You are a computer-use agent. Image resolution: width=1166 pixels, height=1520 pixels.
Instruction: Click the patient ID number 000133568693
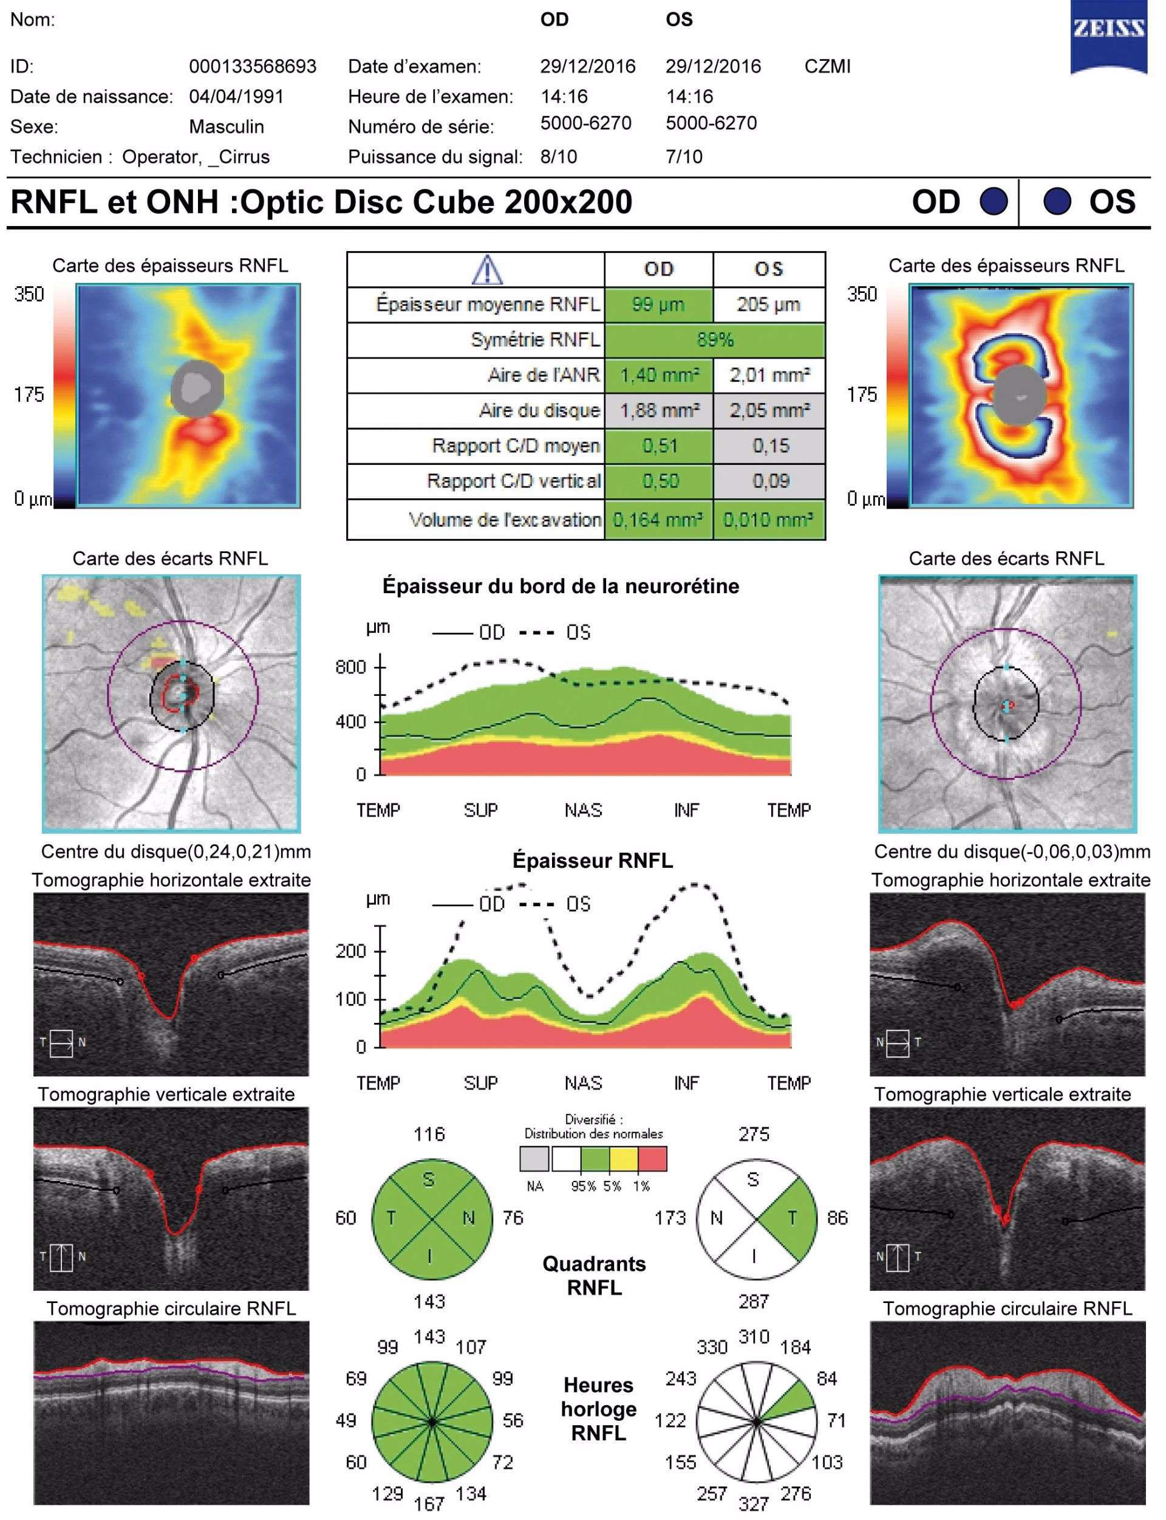(253, 67)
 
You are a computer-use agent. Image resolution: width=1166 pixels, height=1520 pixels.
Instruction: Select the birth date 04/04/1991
(237, 97)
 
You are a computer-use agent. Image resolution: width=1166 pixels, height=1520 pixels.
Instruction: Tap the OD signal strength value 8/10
(559, 157)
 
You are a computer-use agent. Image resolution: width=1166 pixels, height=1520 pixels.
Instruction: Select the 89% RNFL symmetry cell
(715, 340)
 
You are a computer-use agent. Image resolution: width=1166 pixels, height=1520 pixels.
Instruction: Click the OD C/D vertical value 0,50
(660, 481)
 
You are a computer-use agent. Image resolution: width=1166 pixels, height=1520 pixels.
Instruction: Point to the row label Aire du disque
(539, 410)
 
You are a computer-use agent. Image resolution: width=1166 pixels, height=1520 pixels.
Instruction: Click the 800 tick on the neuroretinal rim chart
(350, 667)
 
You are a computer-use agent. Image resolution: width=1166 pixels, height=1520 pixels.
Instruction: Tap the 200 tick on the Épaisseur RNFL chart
(350, 951)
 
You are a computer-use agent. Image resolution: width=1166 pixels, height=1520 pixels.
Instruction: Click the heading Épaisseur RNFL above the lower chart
(592, 861)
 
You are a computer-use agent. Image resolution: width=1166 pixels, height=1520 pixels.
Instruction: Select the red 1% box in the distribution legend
(652, 1159)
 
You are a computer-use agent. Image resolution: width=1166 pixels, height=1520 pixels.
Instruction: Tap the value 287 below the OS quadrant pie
(754, 1301)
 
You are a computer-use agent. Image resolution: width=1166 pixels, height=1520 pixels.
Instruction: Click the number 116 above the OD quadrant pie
(429, 1135)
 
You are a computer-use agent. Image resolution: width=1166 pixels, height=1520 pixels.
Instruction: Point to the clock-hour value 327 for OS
(754, 1504)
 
